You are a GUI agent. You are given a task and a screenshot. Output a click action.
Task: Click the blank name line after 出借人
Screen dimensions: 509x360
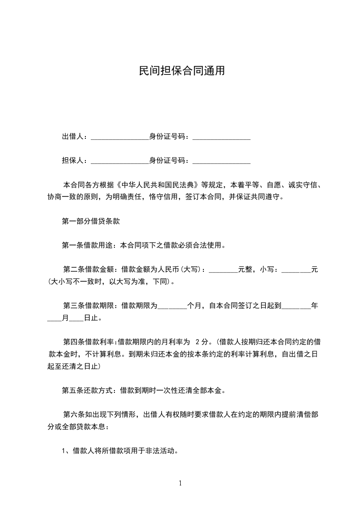pos(120,138)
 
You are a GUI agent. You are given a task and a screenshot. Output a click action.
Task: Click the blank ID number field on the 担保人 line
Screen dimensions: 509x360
pos(222,162)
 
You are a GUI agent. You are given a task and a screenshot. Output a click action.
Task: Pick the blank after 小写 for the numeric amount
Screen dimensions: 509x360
pos(296,271)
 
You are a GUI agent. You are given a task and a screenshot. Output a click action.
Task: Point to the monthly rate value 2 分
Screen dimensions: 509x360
pos(202,341)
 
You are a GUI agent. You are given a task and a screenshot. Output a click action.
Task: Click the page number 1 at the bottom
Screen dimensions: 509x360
pos(180,483)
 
